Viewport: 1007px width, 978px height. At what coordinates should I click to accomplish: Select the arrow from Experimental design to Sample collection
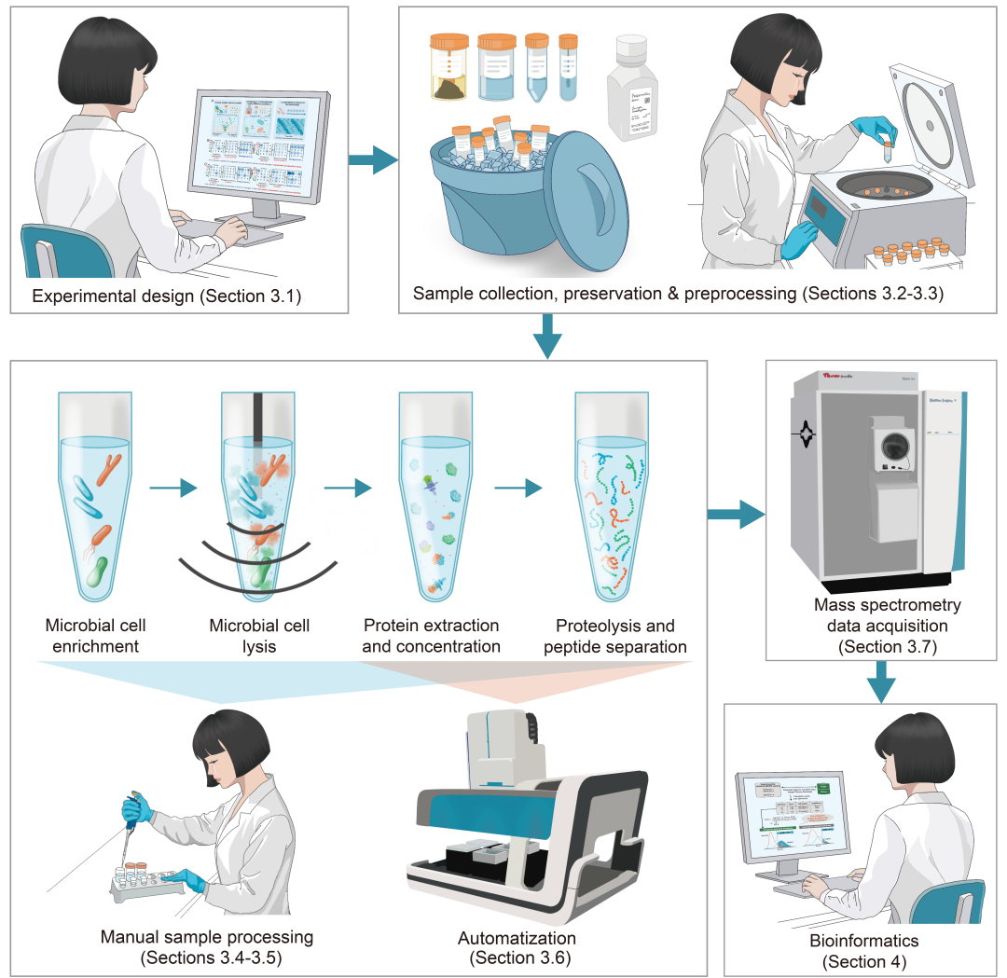(372, 159)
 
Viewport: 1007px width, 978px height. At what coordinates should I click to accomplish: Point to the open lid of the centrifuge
(932, 121)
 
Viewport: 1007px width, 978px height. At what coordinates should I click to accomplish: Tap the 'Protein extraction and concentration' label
(431, 635)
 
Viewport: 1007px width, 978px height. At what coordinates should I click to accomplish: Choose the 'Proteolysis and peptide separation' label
(621, 635)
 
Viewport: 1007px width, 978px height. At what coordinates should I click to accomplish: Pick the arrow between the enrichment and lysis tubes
(174, 488)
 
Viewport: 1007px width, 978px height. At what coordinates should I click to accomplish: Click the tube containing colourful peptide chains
(612, 503)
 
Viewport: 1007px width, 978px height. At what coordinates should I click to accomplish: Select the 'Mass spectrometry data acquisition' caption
(885, 626)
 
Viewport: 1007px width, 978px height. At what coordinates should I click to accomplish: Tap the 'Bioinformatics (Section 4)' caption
(863, 951)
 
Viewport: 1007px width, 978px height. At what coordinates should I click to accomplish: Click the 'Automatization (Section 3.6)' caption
(517, 946)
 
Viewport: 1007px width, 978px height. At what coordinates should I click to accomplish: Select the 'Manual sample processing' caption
(207, 945)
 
